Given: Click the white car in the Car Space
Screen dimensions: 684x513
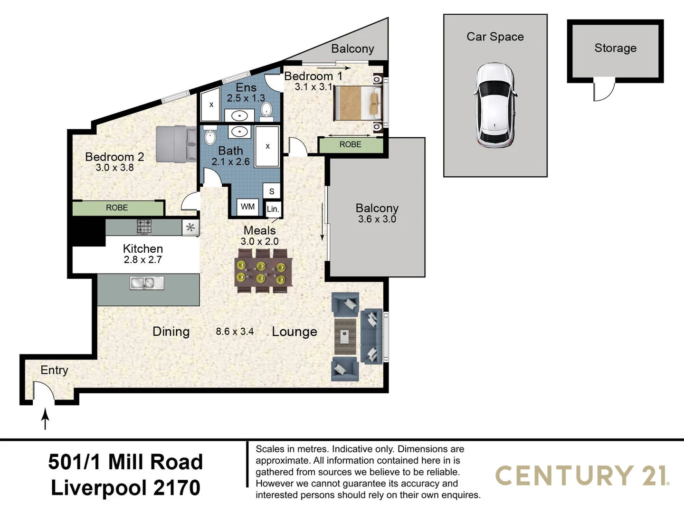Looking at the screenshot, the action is click(x=495, y=105).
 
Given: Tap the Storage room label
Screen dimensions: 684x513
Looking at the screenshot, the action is click(x=615, y=48).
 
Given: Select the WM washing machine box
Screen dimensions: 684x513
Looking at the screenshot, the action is click(x=248, y=207).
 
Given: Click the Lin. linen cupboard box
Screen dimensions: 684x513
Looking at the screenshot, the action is click(x=273, y=209).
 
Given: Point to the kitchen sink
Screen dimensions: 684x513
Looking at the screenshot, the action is click(x=147, y=283).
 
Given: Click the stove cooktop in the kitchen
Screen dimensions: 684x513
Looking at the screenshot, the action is click(x=144, y=227).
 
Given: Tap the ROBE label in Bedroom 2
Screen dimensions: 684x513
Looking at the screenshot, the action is click(x=117, y=208).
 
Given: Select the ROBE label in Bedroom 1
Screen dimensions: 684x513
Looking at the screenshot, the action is click(x=350, y=144).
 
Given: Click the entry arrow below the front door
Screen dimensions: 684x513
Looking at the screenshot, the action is click(x=45, y=419).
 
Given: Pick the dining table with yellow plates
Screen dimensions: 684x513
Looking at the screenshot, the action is click(x=263, y=271).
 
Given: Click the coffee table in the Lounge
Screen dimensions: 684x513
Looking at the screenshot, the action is click(x=345, y=336).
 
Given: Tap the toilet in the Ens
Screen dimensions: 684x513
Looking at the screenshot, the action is click(x=266, y=111).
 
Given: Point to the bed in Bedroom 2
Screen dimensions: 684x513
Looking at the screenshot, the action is click(x=176, y=144).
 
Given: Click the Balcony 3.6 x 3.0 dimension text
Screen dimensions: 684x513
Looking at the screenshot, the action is click(x=377, y=219).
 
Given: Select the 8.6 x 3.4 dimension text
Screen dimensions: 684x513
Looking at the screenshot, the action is click(x=235, y=332).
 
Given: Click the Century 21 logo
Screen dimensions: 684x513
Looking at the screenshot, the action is click(x=582, y=475).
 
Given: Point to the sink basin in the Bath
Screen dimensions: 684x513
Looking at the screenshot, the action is click(x=239, y=132).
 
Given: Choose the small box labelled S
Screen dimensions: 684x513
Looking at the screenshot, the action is click(x=271, y=191).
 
